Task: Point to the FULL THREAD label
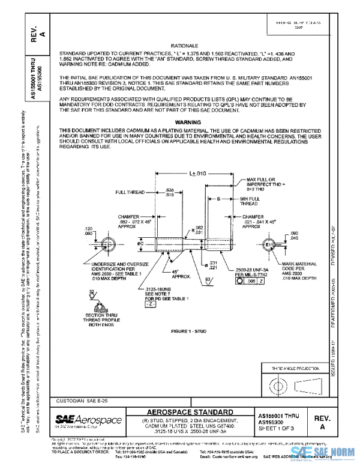tap(129, 192)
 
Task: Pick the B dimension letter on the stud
tap(219, 198)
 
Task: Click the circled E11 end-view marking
tap(269, 246)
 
